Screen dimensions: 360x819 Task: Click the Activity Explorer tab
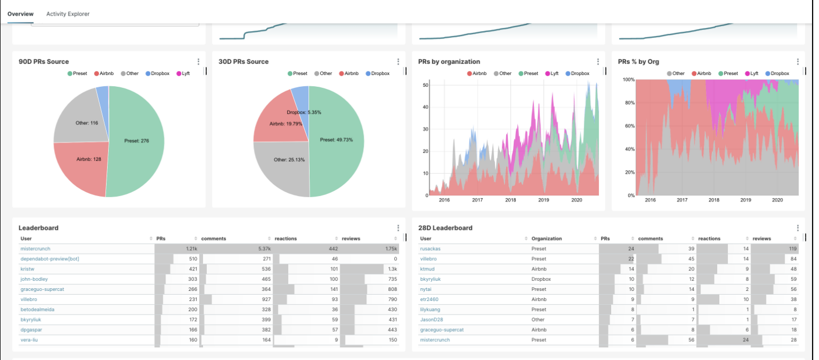click(67, 14)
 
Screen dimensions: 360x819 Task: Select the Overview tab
click(20, 14)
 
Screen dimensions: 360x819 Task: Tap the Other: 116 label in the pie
click(87, 123)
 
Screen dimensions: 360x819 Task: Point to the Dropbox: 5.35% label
click(304, 112)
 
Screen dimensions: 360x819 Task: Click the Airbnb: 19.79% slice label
click(285, 124)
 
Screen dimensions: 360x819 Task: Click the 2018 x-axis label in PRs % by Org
click(713, 200)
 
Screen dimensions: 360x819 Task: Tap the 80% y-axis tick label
click(628, 103)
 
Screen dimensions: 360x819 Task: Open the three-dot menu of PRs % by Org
click(798, 62)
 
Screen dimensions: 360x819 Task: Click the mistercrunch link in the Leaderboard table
click(34, 249)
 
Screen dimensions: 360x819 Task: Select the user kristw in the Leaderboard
click(27, 269)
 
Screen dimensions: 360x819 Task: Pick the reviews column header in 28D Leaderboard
click(762, 238)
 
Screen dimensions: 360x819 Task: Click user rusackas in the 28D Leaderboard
click(431, 249)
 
